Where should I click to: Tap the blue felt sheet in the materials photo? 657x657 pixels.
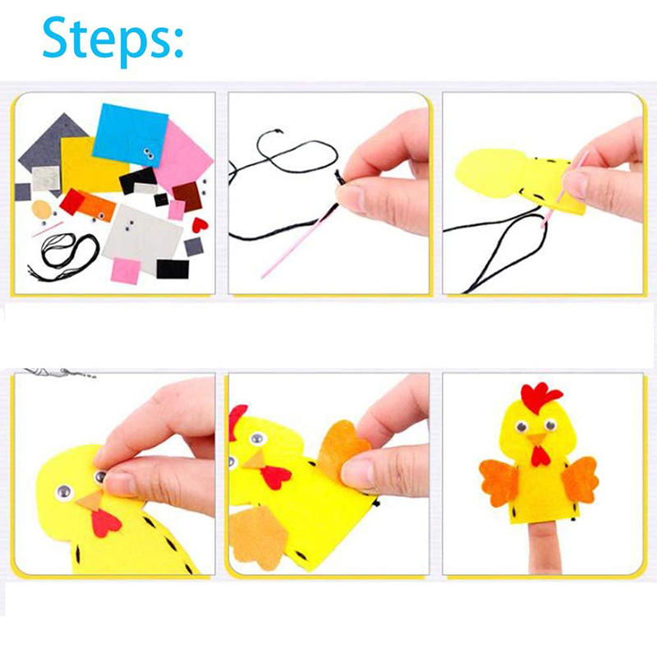pos(130,135)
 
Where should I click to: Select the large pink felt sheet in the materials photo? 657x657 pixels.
pos(182,155)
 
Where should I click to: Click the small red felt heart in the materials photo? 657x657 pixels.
pos(200,225)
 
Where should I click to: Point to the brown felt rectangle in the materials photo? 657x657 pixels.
pos(187,196)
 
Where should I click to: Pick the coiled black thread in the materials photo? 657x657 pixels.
pos(63,255)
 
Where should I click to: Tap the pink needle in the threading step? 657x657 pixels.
pos(298,241)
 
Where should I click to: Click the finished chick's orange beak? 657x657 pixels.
pos(536,439)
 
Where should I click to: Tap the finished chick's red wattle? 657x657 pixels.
pos(540,456)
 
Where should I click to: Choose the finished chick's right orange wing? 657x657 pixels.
pos(580,480)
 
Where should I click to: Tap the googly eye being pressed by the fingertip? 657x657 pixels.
pos(100,476)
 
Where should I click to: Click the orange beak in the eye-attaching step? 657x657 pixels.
pos(90,501)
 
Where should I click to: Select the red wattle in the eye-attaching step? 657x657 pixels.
pos(105,523)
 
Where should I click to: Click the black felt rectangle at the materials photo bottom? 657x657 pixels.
pos(172,269)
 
